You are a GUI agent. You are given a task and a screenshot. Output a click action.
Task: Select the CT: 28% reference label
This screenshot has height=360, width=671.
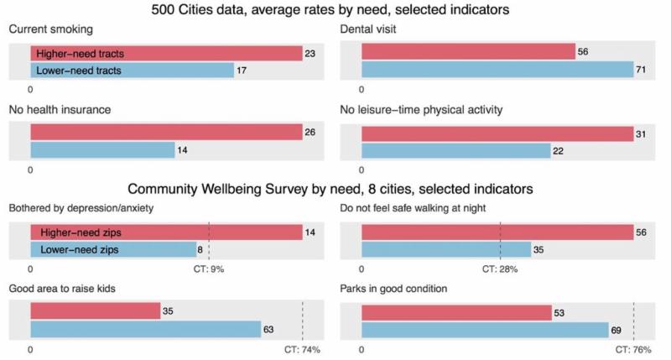(x=500, y=269)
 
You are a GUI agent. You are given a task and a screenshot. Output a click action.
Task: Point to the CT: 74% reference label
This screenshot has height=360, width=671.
(x=303, y=348)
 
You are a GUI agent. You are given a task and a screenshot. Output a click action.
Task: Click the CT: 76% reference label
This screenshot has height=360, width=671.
(x=634, y=348)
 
